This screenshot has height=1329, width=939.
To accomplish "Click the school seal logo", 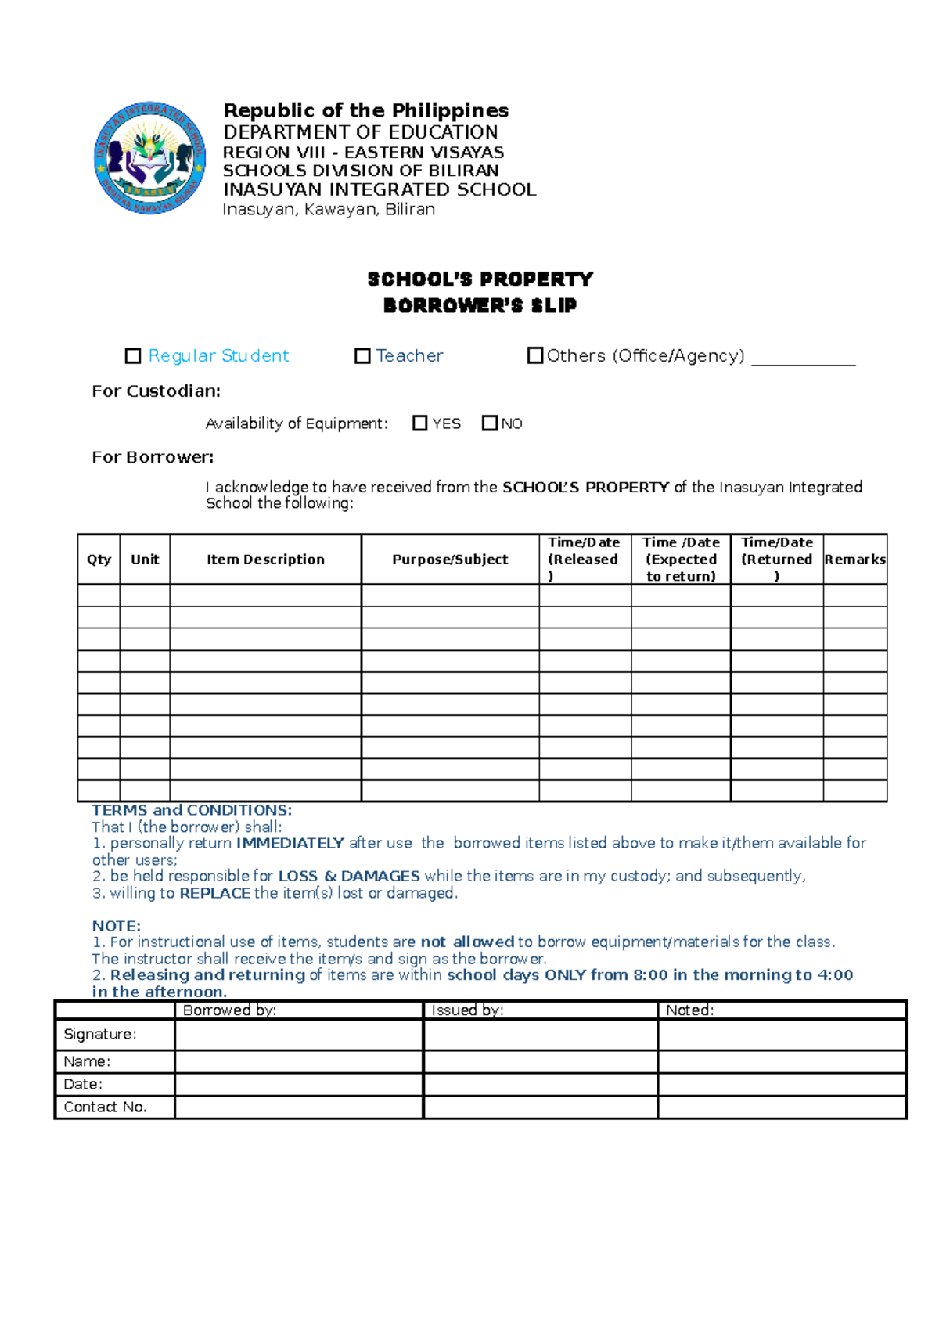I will tap(149, 158).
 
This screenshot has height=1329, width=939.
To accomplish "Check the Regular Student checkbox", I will tap(133, 356).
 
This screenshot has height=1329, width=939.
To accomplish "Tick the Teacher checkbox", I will tap(362, 356).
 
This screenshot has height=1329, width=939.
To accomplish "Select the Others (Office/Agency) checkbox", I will tap(535, 355).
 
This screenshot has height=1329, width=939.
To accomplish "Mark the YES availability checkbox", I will tap(420, 423).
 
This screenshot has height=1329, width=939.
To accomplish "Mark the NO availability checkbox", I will tap(490, 423).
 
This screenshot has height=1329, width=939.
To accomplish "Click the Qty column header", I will tap(99, 560).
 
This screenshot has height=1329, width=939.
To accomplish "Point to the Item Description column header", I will tap(265, 560).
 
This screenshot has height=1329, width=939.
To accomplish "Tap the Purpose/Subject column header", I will tap(450, 560).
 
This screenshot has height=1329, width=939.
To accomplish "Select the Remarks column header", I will tap(854, 560).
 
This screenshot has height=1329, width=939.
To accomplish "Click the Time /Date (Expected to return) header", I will tap(681, 560).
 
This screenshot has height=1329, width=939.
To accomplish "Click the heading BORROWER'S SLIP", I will tap(480, 306).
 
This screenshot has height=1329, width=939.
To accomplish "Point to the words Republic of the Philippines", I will tap(365, 110).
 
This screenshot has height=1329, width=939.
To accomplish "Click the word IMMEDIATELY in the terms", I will tap(290, 843).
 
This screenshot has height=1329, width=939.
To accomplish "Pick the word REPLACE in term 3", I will tap(214, 893).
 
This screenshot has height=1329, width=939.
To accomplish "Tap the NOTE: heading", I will tap(117, 926).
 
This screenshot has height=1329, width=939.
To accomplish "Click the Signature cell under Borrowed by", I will tap(299, 1035).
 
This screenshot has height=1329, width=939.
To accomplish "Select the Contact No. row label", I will tap(105, 1107).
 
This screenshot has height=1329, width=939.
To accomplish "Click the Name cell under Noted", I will tap(782, 1061).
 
